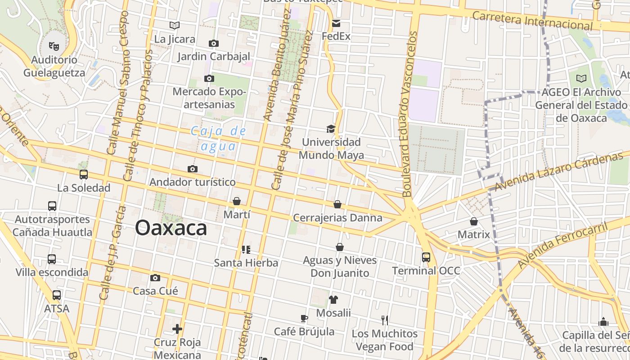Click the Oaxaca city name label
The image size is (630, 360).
(171, 228)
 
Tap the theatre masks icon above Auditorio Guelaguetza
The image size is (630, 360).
(54, 46)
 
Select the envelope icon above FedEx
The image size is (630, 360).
(336, 23)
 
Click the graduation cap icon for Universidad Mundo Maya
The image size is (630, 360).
(331, 129)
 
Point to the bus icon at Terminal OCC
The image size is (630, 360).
(426, 257)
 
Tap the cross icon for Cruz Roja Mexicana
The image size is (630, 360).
(177, 329)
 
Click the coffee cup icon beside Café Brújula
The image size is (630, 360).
(304, 319)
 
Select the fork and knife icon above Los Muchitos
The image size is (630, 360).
(385, 320)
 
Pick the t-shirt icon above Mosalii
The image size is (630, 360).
(333, 300)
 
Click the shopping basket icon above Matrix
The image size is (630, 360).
(473, 221)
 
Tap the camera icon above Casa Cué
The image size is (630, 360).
(155, 278)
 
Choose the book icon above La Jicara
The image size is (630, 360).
(175, 26)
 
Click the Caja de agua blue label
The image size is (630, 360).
(218, 139)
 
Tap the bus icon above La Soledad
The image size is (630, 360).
(84, 175)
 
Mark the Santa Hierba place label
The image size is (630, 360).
(246, 263)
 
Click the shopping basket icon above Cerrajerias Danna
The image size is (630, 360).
(337, 205)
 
